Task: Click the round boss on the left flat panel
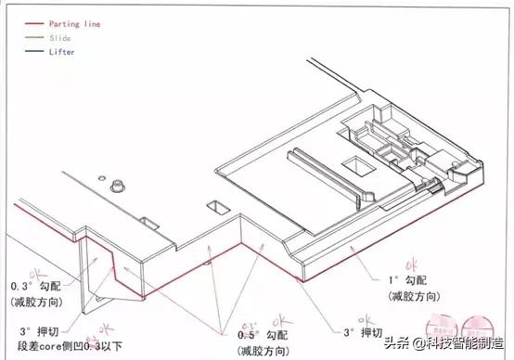click(x=118, y=186)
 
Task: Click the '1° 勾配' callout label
click(x=406, y=279)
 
